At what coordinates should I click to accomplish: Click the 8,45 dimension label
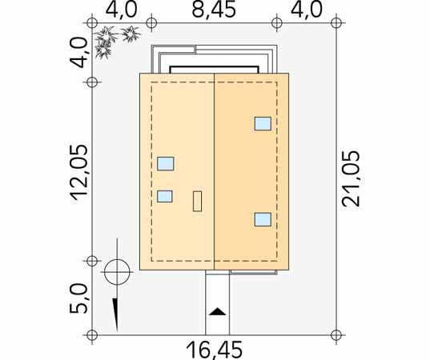pyautogui.click(x=214, y=10)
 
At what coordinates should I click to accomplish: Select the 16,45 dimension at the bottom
pyautogui.click(x=214, y=350)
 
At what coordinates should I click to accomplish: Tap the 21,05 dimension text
pyautogui.click(x=351, y=178)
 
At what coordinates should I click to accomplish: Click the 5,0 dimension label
pyautogui.click(x=79, y=298)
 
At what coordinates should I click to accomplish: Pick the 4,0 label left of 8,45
pyautogui.click(x=121, y=10)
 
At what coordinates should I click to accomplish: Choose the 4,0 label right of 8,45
pyautogui.click(x=307, y=10)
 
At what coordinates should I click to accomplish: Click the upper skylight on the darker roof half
pyautogui.click(x=263, y=123)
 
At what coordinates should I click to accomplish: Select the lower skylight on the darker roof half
pyautogui.click(x=263, y=219)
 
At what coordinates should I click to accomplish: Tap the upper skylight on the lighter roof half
pyautogui.click(x=166, y=163)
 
